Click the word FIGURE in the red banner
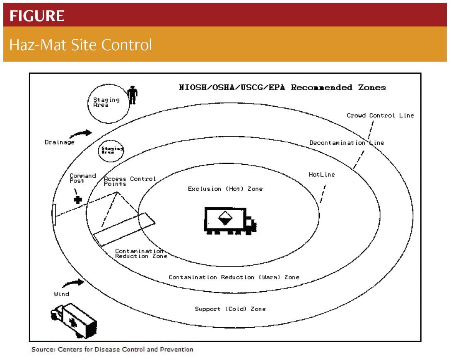tap(37, 16)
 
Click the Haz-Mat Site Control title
tap(81, 44)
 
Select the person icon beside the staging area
tap(132, 95)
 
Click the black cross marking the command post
tap(77, 199)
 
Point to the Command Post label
tap(82, 178)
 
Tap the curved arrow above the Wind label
tap(73, 284)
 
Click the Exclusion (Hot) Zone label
tap(225, 189)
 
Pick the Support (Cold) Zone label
tap(230, 309)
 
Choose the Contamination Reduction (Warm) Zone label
tap(234, 277)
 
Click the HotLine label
tap(321, 175)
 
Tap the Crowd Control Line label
tap(380, 115)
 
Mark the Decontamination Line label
tap(347, 143)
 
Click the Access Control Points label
tap(130, 181)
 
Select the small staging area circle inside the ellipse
tap(111, 151)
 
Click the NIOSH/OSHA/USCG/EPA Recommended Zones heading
tap(282, 87)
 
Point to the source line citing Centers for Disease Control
tap(112, 349)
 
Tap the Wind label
tap(61, 294)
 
